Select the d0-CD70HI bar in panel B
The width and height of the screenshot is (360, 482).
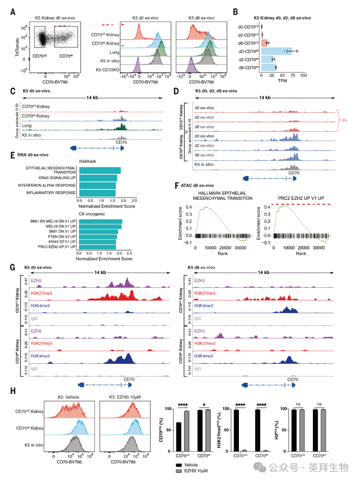tap(276, 51)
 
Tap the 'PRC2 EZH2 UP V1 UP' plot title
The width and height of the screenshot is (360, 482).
tap(301, 197)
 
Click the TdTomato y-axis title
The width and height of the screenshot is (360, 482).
tap(17, 46)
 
